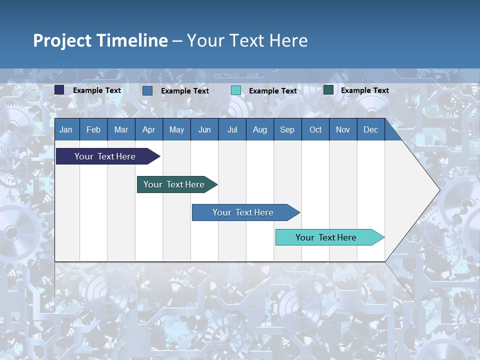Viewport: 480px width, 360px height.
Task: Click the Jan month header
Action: coord(66,129)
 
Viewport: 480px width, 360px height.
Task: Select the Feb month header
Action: coord(93,129)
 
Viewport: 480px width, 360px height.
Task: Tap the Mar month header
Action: coord(121,129)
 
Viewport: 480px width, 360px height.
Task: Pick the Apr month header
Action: coord(149,129)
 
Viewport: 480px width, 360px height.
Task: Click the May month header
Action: coord(176,129)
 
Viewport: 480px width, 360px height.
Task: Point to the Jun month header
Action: coord(204,129)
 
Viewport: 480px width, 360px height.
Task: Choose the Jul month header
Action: coord(232,129)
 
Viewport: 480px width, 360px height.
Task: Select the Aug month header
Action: coord(260,129)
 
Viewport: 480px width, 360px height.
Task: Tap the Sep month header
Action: coord(287,129)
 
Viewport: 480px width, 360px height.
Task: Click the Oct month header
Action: coord(315,129)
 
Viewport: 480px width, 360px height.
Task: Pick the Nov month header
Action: coord(343,129)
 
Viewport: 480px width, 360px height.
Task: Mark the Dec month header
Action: coord(371,129)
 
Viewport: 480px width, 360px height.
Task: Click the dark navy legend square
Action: coord(59,90)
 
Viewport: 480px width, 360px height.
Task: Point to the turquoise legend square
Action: coord(236,90)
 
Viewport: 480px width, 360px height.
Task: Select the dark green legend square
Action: coord(328,90)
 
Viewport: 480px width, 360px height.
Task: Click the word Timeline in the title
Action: coord(132,40)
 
